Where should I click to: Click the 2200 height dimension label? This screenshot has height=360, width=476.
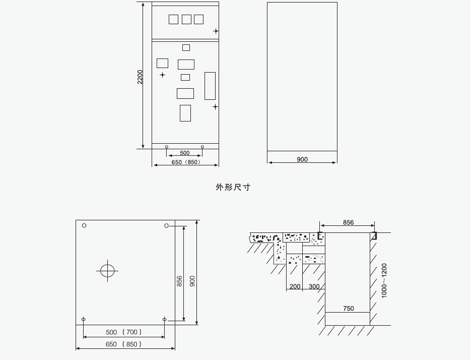140,77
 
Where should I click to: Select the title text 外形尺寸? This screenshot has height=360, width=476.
233,187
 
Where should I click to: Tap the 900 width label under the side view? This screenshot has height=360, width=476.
302,159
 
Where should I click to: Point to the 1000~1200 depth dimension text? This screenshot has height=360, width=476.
384,280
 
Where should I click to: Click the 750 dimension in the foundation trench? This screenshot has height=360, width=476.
348,309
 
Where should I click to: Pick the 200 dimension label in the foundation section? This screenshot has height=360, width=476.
295,286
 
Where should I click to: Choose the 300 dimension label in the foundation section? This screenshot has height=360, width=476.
314,286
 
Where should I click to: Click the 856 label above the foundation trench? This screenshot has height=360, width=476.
348,222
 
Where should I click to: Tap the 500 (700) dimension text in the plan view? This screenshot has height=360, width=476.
124,332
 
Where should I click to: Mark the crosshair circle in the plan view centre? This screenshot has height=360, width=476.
107,271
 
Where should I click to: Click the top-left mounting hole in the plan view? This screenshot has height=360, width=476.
84,225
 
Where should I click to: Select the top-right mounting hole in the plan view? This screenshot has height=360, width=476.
167,225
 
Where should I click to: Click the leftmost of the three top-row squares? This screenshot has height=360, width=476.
173,19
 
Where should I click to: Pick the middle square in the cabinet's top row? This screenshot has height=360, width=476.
186,19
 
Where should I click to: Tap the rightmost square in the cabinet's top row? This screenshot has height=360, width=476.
198,19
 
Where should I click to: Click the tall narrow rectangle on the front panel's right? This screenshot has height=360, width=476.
210,86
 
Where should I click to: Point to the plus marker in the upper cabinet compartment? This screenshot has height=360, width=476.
216,31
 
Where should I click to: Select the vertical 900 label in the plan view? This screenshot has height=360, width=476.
192,281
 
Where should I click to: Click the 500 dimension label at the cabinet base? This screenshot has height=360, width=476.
185,153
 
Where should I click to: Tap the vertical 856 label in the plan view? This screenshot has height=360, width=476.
179,281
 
